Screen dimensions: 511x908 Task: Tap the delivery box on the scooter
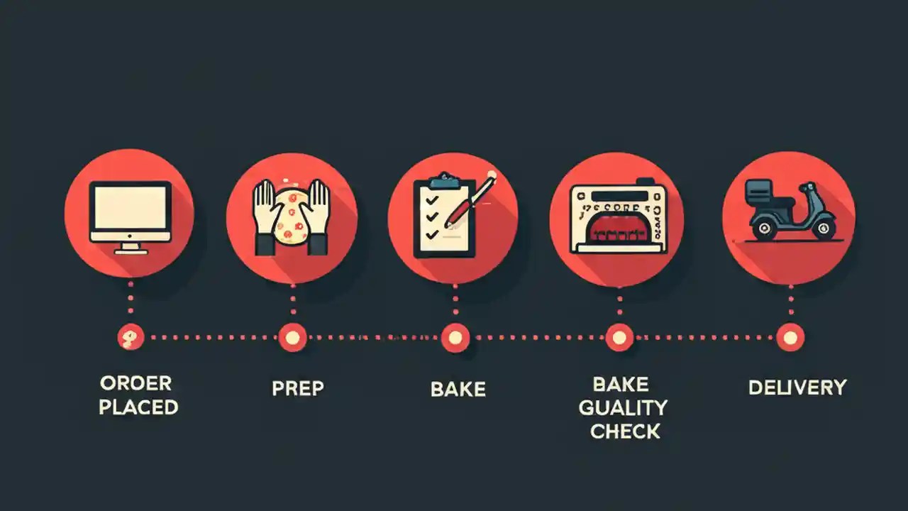(x=758, y=189)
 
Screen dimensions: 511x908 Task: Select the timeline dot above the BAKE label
(x=455, y=337)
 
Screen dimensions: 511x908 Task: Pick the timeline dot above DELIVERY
(x=789, y=337)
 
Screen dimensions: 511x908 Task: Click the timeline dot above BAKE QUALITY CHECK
(x=619, y=337)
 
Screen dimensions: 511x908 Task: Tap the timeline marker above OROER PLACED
(x=131, y=337)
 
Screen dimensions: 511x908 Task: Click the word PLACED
(x=138, y=407)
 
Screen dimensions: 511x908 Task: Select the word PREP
(x=298, y=389)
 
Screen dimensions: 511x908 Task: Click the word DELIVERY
(x=797, y=388)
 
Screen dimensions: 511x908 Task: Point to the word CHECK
(x=625, y=431)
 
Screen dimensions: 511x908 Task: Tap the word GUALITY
(x=623, y=407)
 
